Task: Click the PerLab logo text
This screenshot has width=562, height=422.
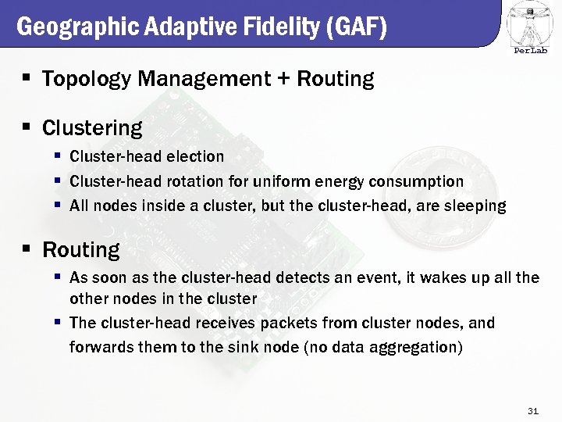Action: coord(530,52)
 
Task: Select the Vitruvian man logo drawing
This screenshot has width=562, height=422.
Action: coord(530,23)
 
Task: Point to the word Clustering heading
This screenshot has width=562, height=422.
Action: coord(92,127)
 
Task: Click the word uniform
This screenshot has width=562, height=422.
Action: coord(281,181)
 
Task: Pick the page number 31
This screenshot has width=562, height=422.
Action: coord(534,411)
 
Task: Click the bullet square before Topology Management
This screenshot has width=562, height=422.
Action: coord(27,78)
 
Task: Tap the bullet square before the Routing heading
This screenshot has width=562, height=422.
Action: coord(27,249)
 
